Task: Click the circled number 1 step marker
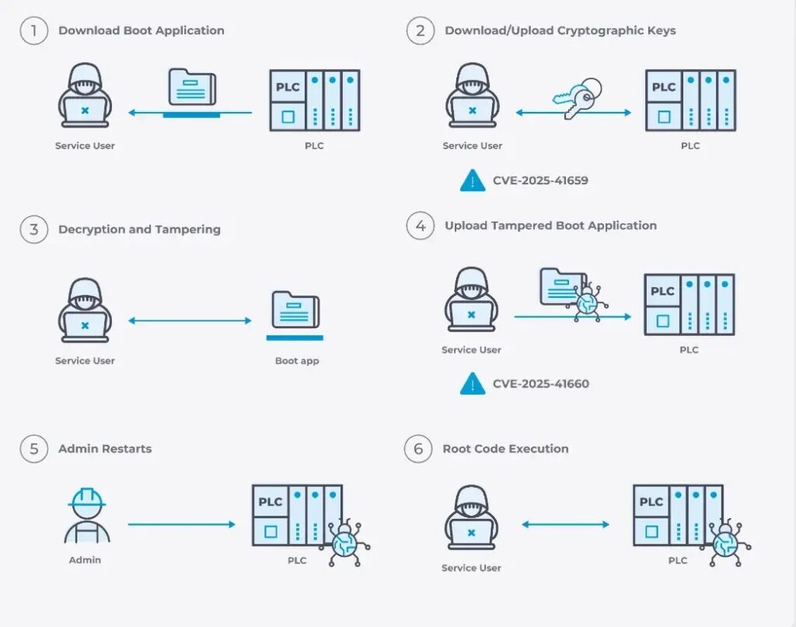33,31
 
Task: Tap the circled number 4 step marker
420,226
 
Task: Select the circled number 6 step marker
418,449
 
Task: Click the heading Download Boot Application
141,31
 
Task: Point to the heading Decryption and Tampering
139,229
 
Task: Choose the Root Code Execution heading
505,449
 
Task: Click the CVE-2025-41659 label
540,180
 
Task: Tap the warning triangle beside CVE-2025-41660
473,384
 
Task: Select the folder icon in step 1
191,88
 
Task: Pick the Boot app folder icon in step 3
295,310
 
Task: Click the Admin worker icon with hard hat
86,516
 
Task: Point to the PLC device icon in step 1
315,100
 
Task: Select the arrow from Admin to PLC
181,524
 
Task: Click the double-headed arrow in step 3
190,321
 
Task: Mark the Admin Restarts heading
104,449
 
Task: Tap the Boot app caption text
296,361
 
